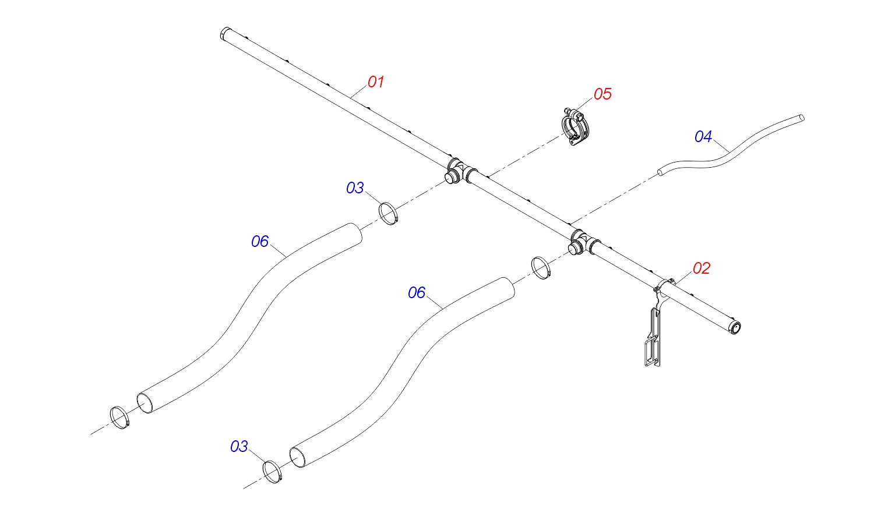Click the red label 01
pos(376,82)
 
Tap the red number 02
pos(701,268)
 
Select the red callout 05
pos(602,94)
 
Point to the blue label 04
pos(703,137)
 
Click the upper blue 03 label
pos(355,188)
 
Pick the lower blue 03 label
pos(239,447)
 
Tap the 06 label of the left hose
pos(260,241)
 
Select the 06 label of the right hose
pos(417,293)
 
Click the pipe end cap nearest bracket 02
pos(735,327)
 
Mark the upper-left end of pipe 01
pos(224,34)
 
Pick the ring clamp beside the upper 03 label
pos(389,214)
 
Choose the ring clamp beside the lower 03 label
pos(273,472)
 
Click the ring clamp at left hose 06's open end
pos(120,418)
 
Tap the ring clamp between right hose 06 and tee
pos(541,268)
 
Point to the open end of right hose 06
pos(297,458)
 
